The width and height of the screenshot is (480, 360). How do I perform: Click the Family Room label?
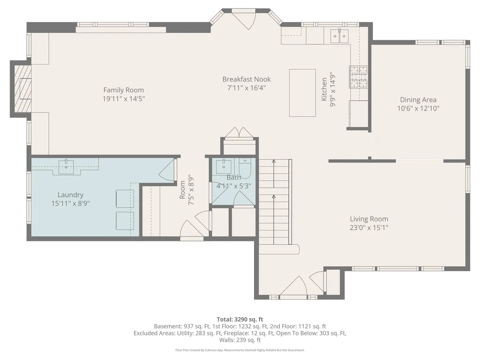(124, 90)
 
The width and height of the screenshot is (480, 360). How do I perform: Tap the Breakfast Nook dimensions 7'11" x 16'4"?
(246, 88)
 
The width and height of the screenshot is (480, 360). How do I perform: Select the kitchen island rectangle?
(302, 93)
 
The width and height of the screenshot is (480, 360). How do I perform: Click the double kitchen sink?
(339, 36)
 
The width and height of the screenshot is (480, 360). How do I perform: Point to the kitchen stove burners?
(359, 77)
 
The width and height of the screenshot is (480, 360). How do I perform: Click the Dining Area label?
(418, 100)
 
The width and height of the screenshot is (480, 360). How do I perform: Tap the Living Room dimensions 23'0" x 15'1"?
(369, 228)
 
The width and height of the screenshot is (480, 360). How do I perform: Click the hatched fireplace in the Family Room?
(23, 89)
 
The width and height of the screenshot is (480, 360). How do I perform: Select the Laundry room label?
(70, 195)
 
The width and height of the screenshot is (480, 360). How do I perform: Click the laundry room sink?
(66, 167)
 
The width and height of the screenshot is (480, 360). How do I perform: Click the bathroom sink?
(223, 167)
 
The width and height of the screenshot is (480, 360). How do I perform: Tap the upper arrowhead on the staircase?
(274, 161)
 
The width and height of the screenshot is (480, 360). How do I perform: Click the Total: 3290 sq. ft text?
(240, 319)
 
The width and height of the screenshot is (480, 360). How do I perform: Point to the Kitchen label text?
(324, 89)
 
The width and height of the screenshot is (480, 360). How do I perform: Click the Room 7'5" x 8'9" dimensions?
(191, 190)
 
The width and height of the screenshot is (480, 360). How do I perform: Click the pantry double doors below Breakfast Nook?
(239, 132)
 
